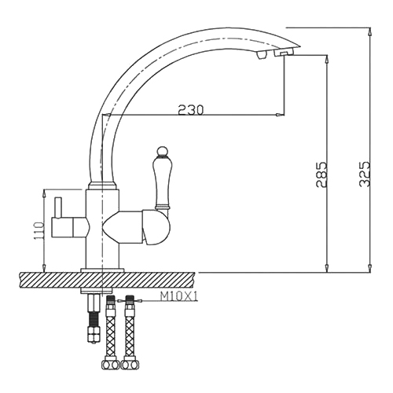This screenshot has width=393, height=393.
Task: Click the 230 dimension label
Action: click(x=190, y=110)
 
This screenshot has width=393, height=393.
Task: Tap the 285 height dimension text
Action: click(x=321, y=174)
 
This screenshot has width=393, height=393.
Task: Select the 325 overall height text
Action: click(x=365, y=174)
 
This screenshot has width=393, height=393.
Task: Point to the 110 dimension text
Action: click(x=39, y=231)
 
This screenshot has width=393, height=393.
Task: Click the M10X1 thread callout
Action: click(x=179, y=297)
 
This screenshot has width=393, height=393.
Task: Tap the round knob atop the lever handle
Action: click(x=163, y=151)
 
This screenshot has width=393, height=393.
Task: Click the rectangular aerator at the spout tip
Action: click(x=284, y=53)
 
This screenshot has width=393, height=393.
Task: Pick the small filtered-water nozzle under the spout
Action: click(x=261, y=55)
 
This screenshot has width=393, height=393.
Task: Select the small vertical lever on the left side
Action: click(x=57, y=208)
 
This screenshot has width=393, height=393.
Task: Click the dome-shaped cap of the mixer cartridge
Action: click(x=156, y=227)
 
